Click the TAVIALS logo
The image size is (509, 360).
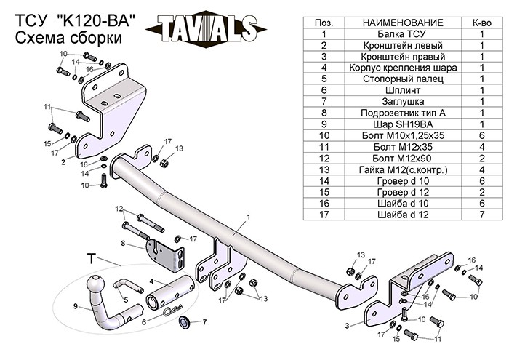(x=206, y=28)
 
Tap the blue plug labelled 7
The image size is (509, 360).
(x=185, y=321)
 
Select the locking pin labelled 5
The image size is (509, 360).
(x=128, y=286)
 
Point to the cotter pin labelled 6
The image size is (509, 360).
(x=173, y=311)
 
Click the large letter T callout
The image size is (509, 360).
(x=92, y=259)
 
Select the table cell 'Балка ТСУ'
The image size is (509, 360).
(x=403, y=34)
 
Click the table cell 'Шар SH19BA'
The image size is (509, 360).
(x=403, y=124)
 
